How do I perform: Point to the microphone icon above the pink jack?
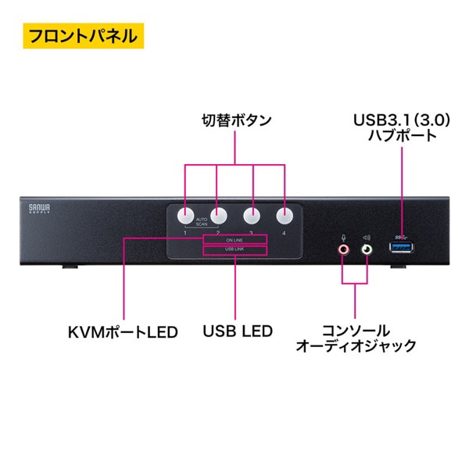click(x=343, y=234)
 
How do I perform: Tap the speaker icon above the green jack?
click(x=368, y=234)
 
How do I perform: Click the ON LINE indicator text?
click(x=234, y=239)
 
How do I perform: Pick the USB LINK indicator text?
click(x=234, y=250)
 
